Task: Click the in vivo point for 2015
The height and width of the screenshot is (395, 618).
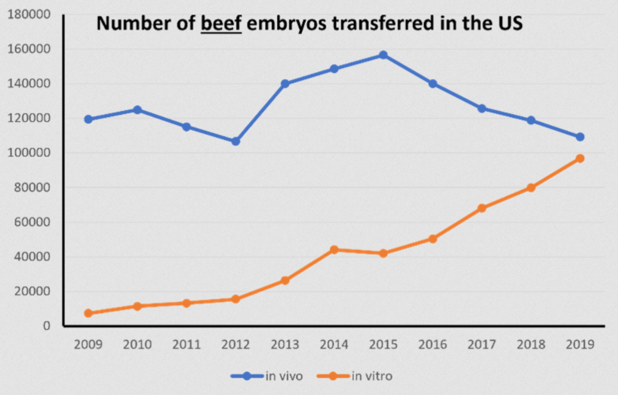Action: pyautogui.click(x=383, y=55)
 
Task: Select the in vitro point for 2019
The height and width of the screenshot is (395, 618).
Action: pyautogui.click(x=580, y=158)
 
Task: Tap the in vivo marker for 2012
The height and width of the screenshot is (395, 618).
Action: pyautogui.click(x=236, y=141)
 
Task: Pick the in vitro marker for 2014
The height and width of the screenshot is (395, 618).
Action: pyautogui.click(x=334, y=250)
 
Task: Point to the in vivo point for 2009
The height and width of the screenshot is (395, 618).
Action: pyautogui.click(x=88, y=119)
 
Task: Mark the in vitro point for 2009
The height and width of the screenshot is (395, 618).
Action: pyautogui.click(x=88, y=313)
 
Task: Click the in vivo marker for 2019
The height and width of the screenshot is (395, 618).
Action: pyautogui.click(x=580, y=137)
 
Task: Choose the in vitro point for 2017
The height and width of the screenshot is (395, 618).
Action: pyautogui.click(x=482, y=208)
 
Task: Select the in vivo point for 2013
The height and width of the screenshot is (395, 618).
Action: pyautogui.click(x=285, y=84)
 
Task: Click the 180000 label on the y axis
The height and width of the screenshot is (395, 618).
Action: pyautogui.click(x=29, y=15)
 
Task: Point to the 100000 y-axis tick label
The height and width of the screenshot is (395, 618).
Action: pyautogui.click(x=29, y=153)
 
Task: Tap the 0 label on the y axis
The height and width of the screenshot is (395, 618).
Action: pyautogui.click(x=46, y=326)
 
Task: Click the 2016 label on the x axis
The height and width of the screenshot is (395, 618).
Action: pyautogui.click(x=433, y=345)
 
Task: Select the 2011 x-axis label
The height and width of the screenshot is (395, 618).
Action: pyautogui.click(x=187, y=345)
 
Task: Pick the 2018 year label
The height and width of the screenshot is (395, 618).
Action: pyautogui.click(x=531, y=345)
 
